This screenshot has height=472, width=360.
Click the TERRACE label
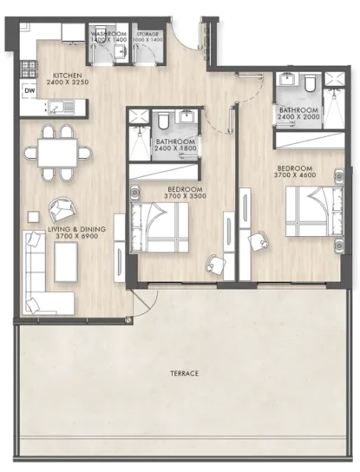coord(182,371)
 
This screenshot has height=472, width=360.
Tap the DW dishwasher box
coord(29,90)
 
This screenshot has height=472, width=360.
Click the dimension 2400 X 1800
coord(175,148)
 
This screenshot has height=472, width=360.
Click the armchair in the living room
coord(61,210)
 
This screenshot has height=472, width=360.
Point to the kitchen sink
coord(59,106)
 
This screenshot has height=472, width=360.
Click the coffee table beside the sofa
coord(66,260)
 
